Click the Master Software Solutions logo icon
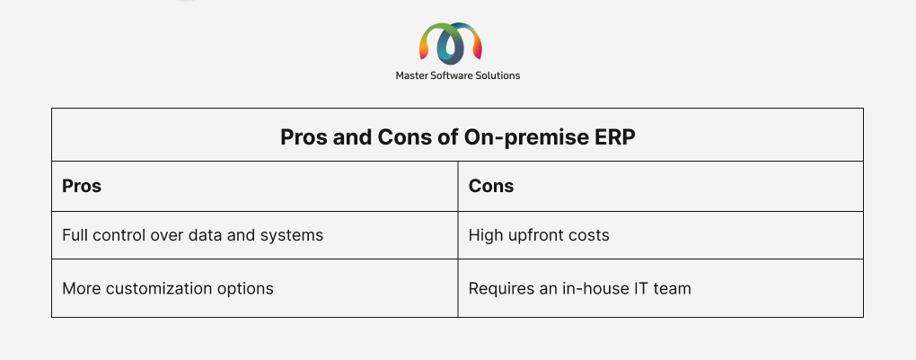pos(451,43)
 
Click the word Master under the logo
pos(411,75)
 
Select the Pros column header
pos(82,186)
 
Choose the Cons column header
pos(491,186)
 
